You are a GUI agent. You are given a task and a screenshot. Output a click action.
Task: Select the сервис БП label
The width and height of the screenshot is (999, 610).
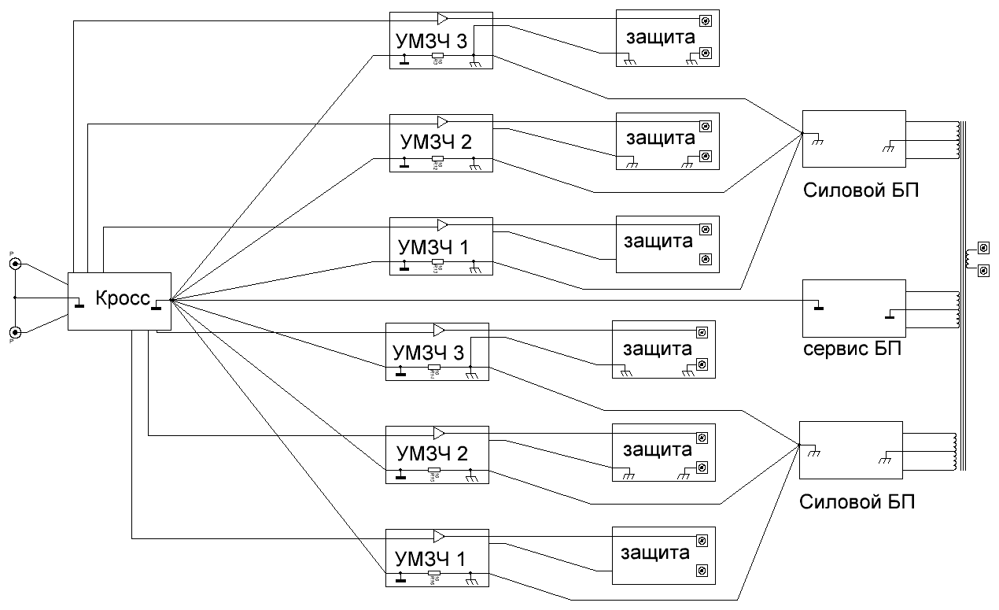[x=852, y=349]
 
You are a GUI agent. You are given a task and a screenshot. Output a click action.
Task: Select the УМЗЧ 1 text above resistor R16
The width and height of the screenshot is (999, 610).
[x=431, y=559]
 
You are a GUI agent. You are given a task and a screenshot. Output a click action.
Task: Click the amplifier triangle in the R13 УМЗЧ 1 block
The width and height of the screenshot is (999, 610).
[x=443, y=224]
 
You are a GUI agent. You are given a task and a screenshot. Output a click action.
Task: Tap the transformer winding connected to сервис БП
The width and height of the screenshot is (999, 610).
[x=957, y=309]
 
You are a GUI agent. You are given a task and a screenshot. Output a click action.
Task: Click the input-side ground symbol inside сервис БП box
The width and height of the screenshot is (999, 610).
[x=818, y=304]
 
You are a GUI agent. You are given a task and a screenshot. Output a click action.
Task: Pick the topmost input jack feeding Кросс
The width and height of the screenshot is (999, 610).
[x=15, y=264]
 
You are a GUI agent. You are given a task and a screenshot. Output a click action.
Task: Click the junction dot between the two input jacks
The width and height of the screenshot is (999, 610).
[x=15, y=298]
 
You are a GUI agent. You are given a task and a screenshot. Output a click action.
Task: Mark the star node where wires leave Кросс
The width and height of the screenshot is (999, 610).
[x=170, y=300]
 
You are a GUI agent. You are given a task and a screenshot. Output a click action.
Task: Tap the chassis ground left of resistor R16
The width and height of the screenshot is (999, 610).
[x=401, y=579]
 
